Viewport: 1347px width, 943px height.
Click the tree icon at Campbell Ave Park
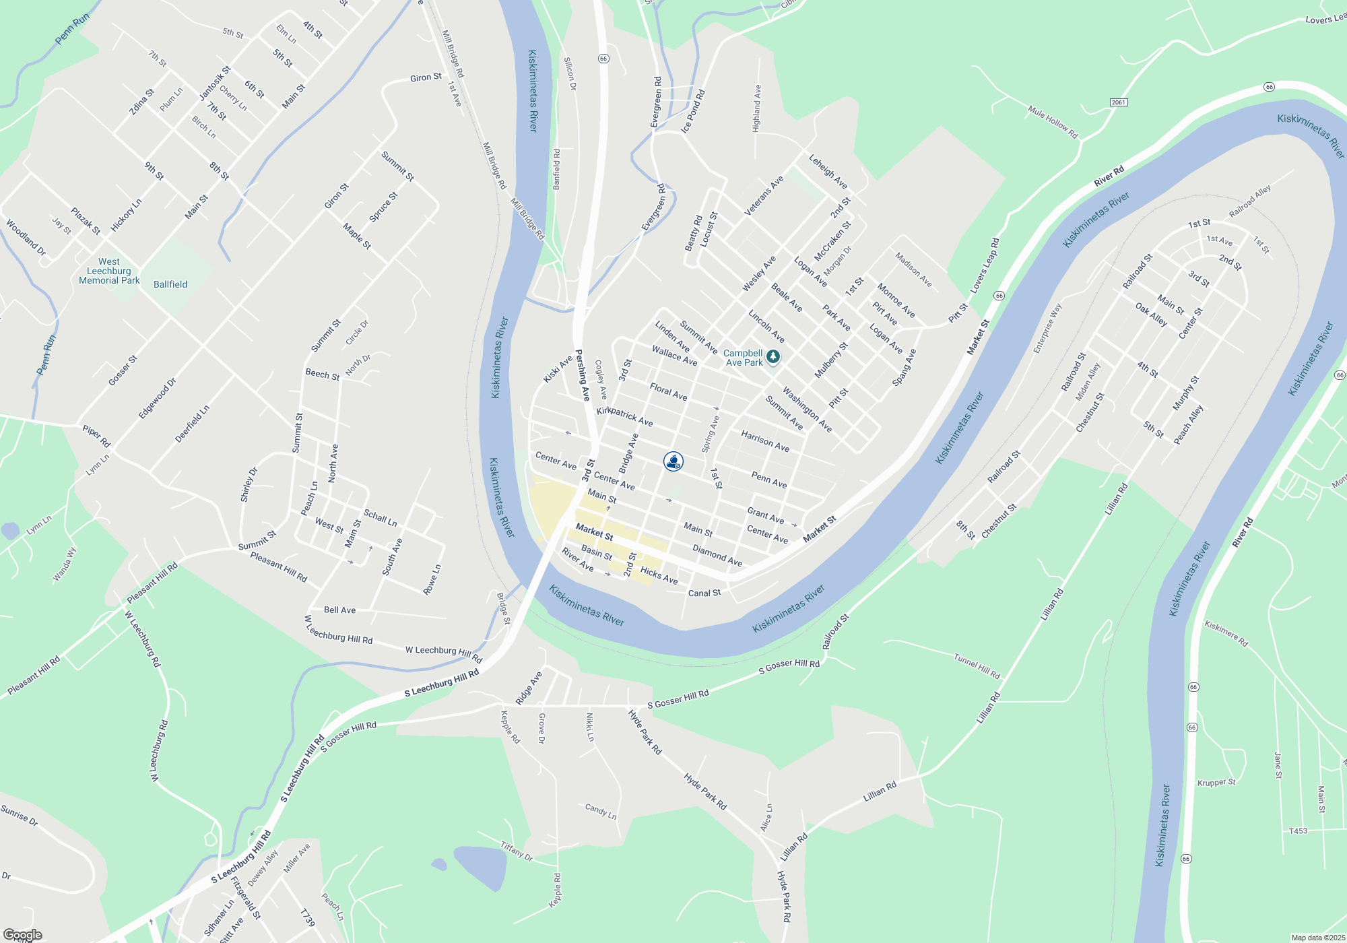[773, 356]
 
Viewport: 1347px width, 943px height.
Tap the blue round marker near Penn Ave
[673, 461]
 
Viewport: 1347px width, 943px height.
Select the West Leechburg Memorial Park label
[109, 271]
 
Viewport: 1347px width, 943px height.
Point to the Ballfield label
[170, 284]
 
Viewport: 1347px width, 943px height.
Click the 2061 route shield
[1119, 102]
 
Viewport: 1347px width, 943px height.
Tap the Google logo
[22, 935]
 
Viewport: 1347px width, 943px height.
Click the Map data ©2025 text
[1317, 938]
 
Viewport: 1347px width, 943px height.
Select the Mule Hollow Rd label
[1053, 122]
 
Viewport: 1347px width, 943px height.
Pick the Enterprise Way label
[1047, 329]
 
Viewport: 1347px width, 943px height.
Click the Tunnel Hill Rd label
[977, 665]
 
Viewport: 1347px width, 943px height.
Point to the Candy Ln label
[601, 811]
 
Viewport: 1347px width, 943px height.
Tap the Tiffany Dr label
[517, 851]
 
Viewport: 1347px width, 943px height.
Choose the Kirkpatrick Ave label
[624, 416]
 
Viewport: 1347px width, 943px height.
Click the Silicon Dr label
[570, 74]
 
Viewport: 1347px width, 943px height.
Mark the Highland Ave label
[757, 108]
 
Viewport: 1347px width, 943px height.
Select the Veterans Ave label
[764, 196]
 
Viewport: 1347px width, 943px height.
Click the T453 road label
[1298, 831]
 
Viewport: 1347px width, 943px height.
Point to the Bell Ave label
[339, 610]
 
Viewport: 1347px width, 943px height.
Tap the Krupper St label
[1216, 783]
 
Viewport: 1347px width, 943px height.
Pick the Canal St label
[704, 593]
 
